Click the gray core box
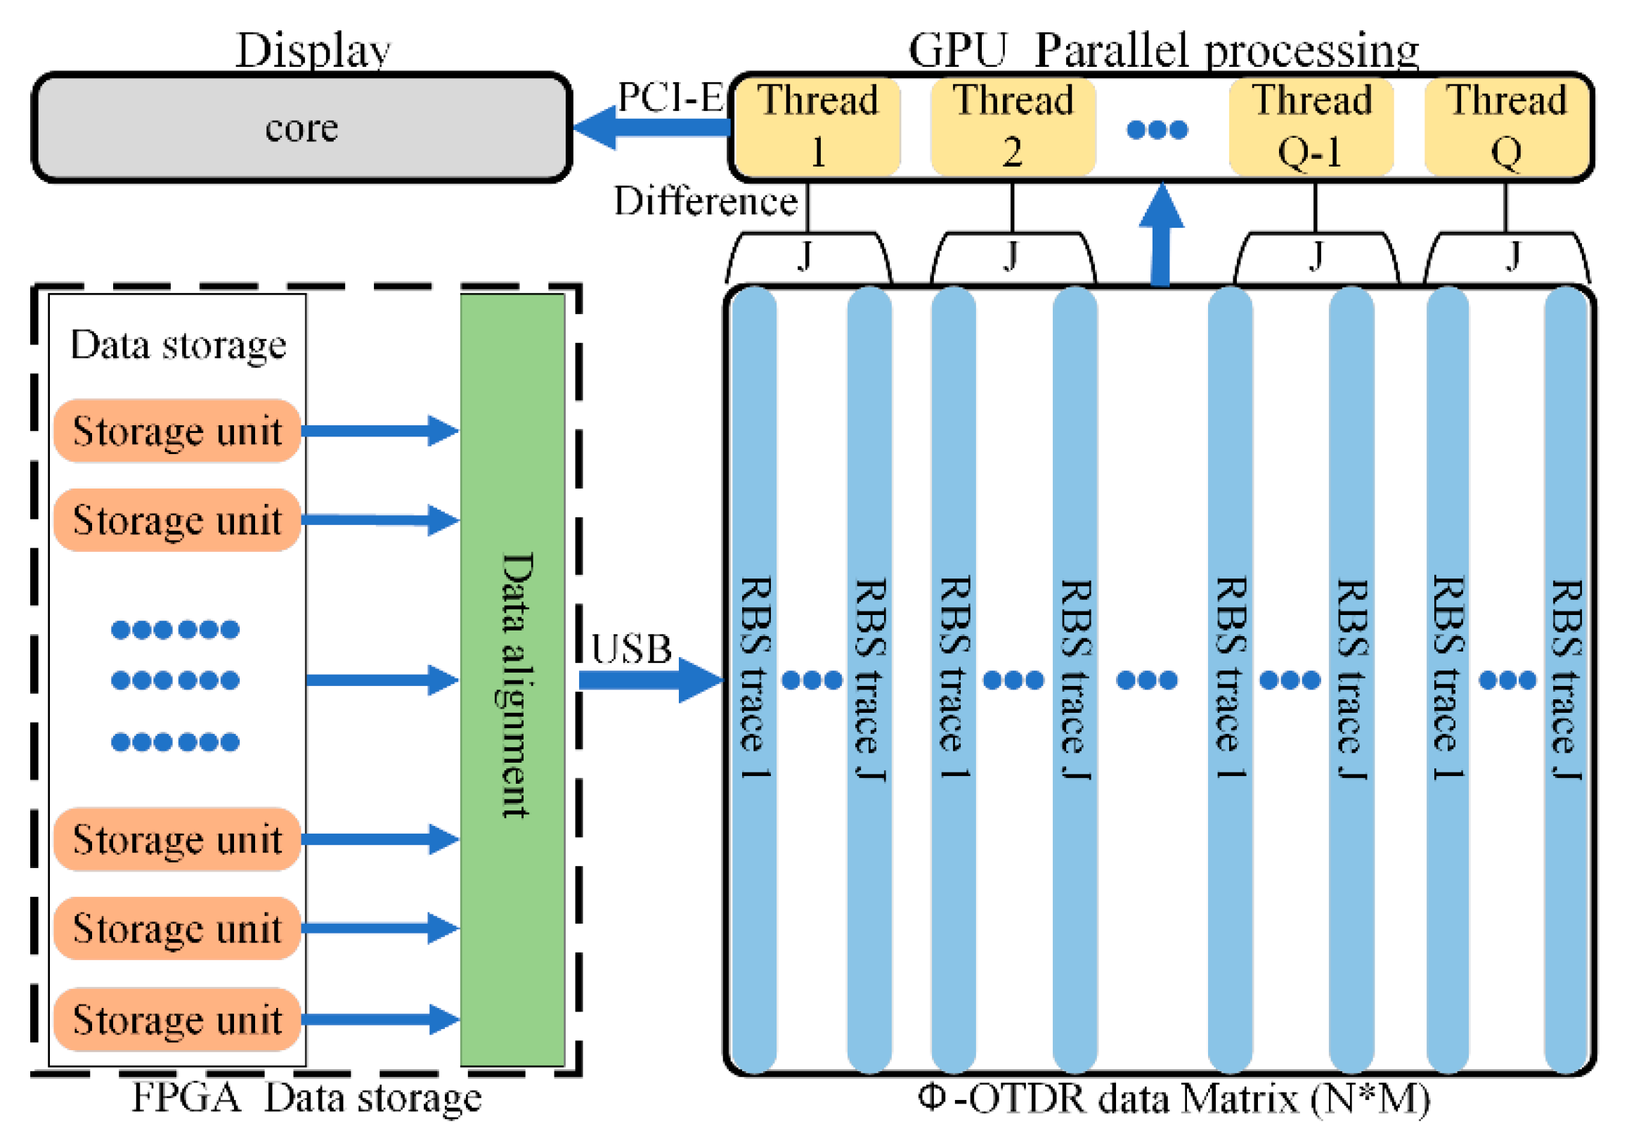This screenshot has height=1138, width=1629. pos(301,128)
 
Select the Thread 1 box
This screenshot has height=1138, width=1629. pos(817,127)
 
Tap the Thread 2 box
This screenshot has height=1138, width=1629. pos(1013,127)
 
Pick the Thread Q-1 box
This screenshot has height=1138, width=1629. pos(1311,127)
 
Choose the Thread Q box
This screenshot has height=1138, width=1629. pos(1506,127)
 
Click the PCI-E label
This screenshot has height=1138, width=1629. pos(670,96)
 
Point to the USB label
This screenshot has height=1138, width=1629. pos(631,649)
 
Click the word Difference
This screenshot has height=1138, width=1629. pos(706,202)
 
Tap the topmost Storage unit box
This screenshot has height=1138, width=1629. pos(177,431)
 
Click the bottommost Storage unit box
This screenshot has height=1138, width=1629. pos(177,1019)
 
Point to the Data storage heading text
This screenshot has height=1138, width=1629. pos(178,346)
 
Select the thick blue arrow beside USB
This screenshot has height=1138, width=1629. pos(649,680)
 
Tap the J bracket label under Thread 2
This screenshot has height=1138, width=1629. pos(1012,255)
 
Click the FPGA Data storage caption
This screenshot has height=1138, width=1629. pos(306,1097)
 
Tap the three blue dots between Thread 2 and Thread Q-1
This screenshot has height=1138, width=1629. pos(1157,130)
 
